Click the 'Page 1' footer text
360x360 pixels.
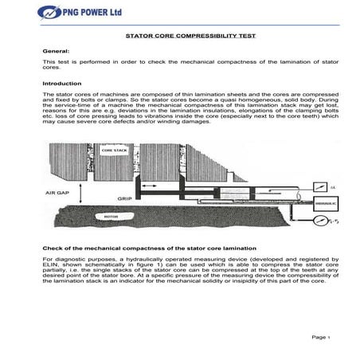point(320,337)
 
